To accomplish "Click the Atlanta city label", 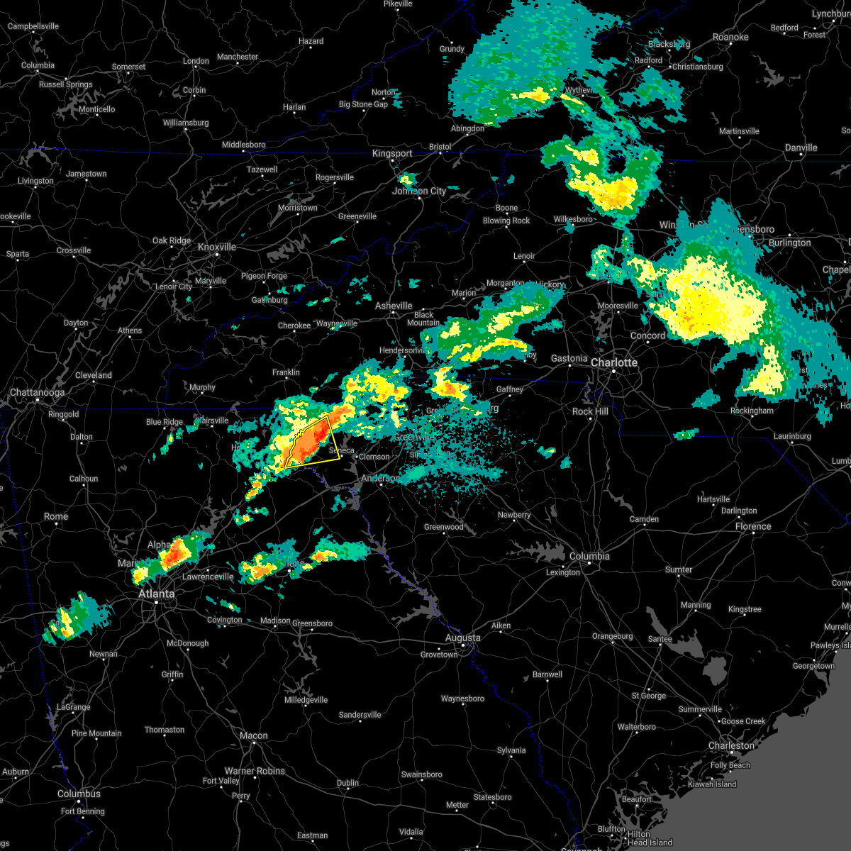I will (156, 594).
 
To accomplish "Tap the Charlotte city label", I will (614, 362).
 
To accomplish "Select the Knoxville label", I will (217, 247).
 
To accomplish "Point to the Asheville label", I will (394, 306).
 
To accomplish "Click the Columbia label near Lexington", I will (589, 556).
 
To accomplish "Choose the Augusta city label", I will (462, 638).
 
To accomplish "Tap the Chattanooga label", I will (37, 392).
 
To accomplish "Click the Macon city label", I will (253, 735).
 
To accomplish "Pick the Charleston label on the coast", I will (731, 745).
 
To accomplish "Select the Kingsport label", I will (392, 153).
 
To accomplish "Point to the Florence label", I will (753, 526).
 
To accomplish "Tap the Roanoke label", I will (730, 37).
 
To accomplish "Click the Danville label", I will (801, 148).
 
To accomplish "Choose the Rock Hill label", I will (590, 411).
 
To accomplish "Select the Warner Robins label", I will (255, 771).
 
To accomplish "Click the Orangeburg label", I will (612, 636).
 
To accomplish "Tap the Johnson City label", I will (419, 191).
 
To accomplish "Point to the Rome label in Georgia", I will (56, 516).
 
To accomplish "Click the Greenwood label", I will (444, 527).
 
